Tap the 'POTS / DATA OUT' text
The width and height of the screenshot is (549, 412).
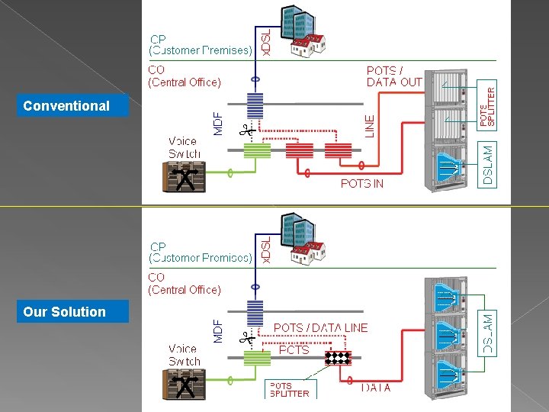(x=393, y=76)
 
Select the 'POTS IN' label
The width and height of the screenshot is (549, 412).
(x=361, y=184)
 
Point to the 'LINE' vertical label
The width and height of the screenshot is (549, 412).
(x=370, y=125)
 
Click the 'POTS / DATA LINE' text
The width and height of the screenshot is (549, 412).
(x=320, y=327)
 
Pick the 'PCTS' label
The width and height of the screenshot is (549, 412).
(x=294, y=350)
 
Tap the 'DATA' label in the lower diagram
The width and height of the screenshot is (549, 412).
(x=376, y=388)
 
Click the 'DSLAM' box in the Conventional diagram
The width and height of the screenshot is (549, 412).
(x=489, y=164)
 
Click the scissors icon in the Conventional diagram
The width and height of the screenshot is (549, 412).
(x=246, y=131)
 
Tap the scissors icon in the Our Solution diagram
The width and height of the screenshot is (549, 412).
(x=246, y=336)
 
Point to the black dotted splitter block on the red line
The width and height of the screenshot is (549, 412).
(x=338, y=358)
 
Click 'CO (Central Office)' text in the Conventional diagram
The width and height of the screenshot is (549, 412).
(x=185, y=76)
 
